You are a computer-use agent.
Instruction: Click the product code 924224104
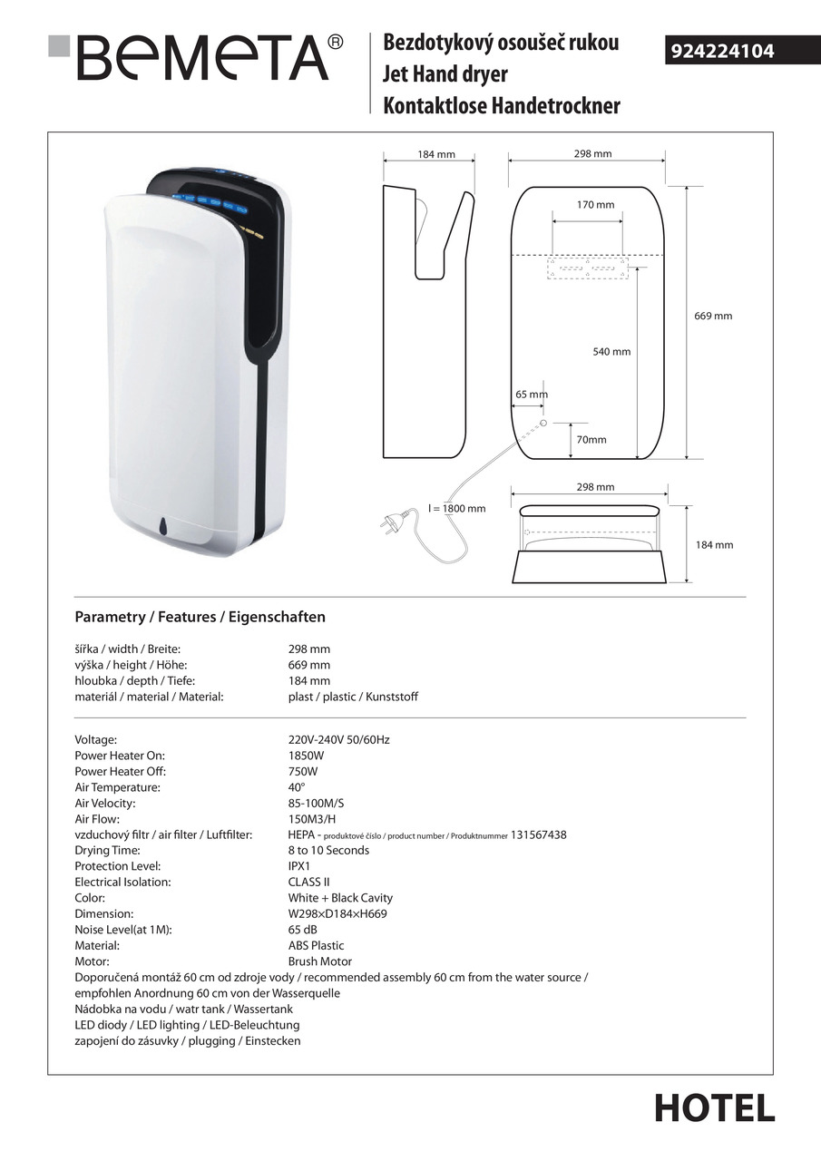(722, 52)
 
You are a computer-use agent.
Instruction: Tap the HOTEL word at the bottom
(715, 1108)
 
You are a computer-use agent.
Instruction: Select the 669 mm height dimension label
(713, 317)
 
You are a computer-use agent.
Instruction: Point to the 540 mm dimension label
(611, 352)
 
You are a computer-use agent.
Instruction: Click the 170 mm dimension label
(595, 205)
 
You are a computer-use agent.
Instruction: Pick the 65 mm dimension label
(532, 395)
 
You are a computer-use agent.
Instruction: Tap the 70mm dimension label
(591, 440)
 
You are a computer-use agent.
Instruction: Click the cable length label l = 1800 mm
(456, 509)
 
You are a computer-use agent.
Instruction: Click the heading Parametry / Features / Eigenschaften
(200, 617)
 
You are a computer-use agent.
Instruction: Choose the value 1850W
(306, 756)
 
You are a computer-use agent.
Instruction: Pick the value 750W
(303, 771)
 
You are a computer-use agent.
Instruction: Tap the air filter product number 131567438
(539, 834)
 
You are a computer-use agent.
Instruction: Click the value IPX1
(299, 866)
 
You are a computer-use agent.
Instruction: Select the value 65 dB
(302, 930)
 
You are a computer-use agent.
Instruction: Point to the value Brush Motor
(320, 961)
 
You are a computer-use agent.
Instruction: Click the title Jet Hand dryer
(445, 74)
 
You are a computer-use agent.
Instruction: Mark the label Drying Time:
(107, 851)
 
